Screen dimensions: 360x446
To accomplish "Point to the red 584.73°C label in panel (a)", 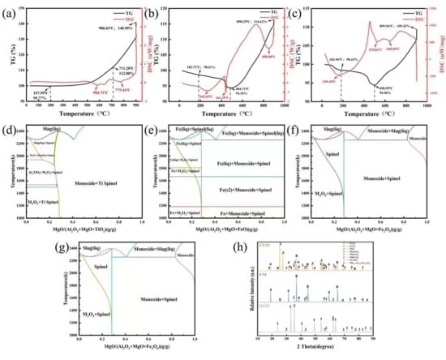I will point(81,92).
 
